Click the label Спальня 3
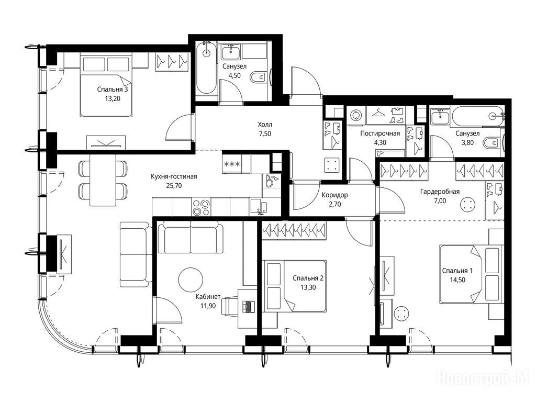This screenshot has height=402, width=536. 113,90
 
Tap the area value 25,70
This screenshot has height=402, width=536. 174,186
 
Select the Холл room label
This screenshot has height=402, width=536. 265,125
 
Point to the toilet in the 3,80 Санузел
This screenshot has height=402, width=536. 492,142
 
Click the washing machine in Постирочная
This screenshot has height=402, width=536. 356,115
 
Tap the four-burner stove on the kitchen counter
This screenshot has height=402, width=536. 201,207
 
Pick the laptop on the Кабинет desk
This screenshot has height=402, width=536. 248,306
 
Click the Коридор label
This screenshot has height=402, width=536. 334,195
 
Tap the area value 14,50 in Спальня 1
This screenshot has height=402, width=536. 457,280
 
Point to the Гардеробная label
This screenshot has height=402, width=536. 440,192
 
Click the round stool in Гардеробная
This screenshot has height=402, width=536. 468,205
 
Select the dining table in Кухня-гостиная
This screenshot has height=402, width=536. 103,180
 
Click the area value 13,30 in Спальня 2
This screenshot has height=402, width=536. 308,287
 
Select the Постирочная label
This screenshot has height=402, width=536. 380,133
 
